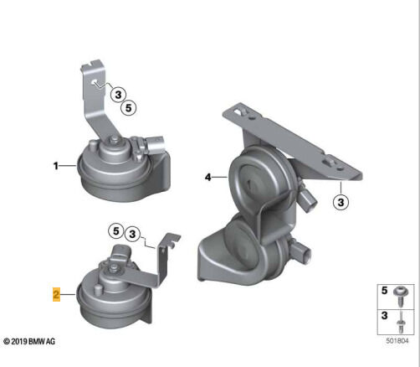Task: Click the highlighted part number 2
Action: coord(56,294)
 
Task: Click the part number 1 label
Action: coord(56,166)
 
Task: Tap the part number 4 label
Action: coord(208,177)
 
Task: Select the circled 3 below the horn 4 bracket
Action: coord(341,202)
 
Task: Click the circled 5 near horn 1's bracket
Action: coord(129,108)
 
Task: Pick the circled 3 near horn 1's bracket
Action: coord(118,95)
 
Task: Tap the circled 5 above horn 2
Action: coord(116,231)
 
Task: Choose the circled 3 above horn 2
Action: coord(132,234)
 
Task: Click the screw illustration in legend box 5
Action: coord(401,297)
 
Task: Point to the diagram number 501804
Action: coord(397,341)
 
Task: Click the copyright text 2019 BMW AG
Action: coord(29,341)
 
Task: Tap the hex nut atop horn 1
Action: coord(114,140)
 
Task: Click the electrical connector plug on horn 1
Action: coord(156,145)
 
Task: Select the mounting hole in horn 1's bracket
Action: coord(95,82)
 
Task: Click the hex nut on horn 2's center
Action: coord(113,269)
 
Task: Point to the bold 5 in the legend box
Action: coord(385,291)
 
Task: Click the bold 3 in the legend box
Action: coord(385,316)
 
